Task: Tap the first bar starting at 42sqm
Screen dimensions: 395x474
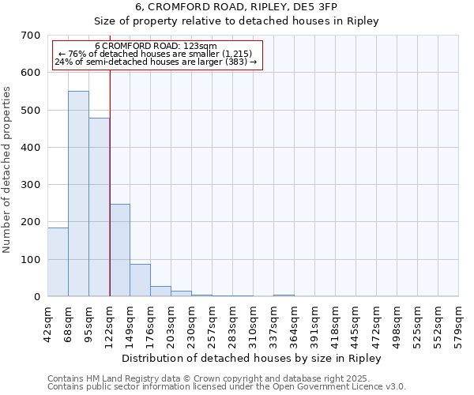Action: (x=58, y=261)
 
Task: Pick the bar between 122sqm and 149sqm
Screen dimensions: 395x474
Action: (x=119, y=250)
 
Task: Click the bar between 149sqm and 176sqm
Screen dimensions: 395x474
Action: (x=140, y=280)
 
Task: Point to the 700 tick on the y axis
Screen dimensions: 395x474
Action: (x=31, y=36)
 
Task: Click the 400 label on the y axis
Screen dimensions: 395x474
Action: (x=31, y=148)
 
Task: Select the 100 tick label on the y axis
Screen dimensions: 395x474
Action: (x=31, y=260)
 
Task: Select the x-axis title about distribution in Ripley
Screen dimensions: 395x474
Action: (x=252, y=358)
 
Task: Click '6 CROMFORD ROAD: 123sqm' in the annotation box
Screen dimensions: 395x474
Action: (x=156, y=47)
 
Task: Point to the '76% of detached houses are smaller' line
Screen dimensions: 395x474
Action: (x=156, y=54)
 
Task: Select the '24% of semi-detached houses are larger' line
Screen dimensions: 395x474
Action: (x=156, y=62)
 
